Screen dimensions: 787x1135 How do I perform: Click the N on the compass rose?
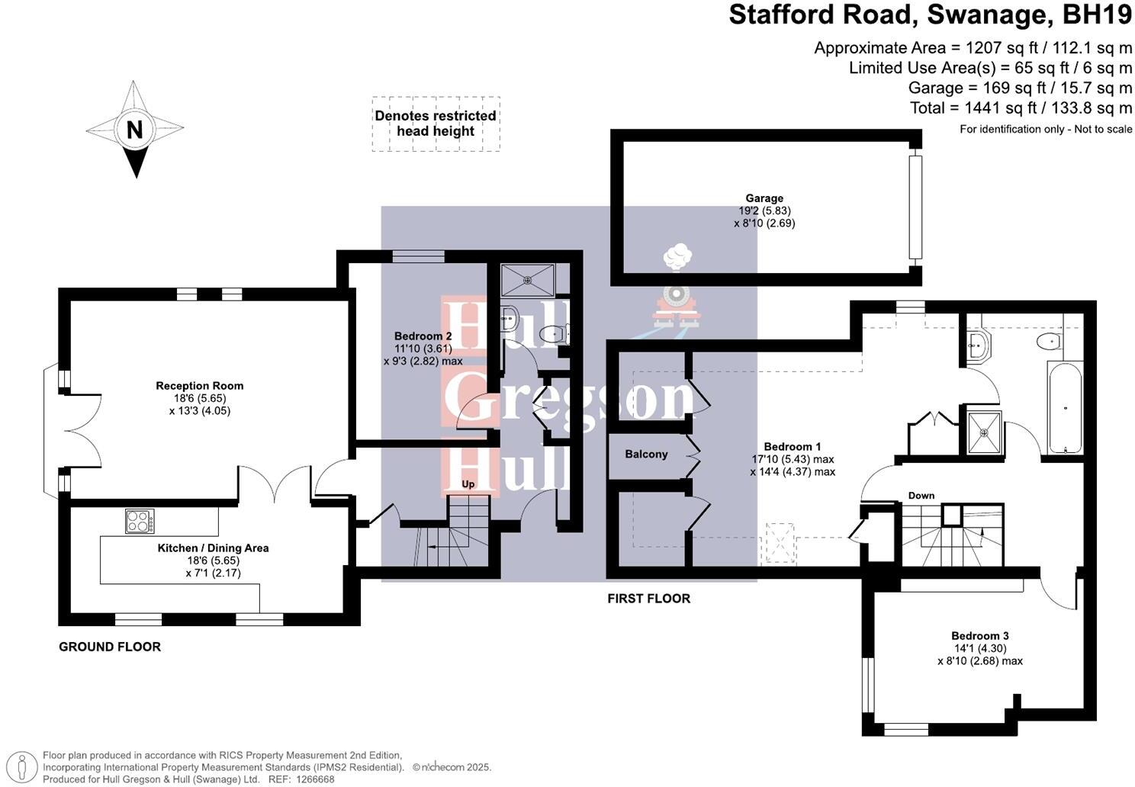(134, 130)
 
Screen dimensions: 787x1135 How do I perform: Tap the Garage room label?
(764, 198)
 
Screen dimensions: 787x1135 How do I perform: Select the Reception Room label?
(200, 386)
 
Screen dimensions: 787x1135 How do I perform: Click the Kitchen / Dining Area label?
(213, 548)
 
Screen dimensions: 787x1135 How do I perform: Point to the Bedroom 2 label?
(423, 336)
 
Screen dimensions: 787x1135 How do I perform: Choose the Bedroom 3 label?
(979, 636)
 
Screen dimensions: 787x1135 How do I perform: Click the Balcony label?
(646, 455)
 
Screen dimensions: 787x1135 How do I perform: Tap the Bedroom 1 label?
(793, 447)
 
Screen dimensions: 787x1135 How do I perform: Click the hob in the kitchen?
(140, 521)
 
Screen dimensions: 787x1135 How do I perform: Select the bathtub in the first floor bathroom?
(1065, 407)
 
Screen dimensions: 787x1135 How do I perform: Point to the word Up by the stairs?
(468, 484)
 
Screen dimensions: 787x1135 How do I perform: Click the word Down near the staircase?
(921, 496)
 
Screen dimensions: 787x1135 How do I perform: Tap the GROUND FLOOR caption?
(110, 647)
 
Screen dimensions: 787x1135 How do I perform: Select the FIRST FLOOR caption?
(648, 599)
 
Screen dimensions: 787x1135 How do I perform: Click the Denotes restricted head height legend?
(436, 124)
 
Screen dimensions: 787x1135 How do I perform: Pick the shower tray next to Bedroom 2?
(527, 280)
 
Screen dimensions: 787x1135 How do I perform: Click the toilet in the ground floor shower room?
(551, 333)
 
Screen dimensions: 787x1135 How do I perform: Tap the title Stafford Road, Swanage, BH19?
(931, 15)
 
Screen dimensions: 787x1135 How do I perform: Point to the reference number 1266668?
(313, 779)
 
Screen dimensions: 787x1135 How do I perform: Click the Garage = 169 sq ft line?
(1020, 88)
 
